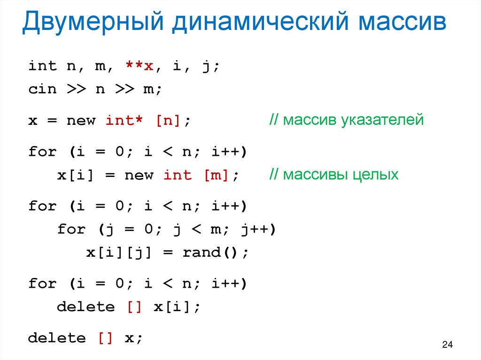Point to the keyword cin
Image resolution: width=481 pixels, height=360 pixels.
(42, 89)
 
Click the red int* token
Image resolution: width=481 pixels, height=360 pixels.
(124, 121)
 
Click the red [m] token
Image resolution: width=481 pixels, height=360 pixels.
(216, 176)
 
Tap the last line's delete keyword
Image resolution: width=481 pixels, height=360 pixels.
(57, 338)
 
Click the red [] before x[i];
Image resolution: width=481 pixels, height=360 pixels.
(134, 307)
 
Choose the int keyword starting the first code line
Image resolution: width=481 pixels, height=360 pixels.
(42, 66)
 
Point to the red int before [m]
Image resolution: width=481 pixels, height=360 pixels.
(178, 176)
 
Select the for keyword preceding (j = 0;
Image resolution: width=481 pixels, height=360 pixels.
(71, 230)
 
